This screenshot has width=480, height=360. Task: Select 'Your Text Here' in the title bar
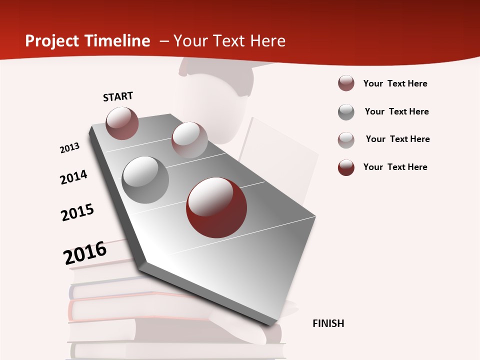(x=229, y=41)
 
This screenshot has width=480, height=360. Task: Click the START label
(x=118, y=96)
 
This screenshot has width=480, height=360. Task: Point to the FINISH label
(x=328, y=323)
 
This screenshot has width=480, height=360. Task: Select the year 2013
(x=69, y=148)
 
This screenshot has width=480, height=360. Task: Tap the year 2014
(x=73, y=177)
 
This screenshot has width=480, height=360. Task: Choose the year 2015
(x=77, y=212)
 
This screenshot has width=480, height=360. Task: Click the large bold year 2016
(x=85, y=253)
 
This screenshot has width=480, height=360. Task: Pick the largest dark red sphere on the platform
(x=216, y=207)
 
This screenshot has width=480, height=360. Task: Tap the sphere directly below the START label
(x=122, y=123)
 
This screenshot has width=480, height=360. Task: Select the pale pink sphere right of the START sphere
(x=189, y=140)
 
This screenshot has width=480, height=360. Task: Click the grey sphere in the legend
(x=346, y=112)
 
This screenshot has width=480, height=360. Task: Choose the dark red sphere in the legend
(x=346, y=167)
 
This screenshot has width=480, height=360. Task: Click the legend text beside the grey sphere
(x=396, y=111)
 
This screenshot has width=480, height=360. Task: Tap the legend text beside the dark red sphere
(x=395, y=167)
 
